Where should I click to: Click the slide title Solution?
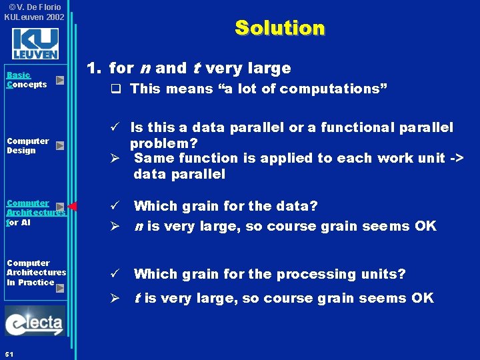tap(279, 28)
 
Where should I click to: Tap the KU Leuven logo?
tap(35, 44)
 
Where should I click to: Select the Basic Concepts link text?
tap(26, 80)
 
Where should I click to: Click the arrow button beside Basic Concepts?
tap(60, 80)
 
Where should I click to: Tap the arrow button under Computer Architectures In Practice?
tap(60, 288)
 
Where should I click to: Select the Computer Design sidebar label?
tap(27, 145)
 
